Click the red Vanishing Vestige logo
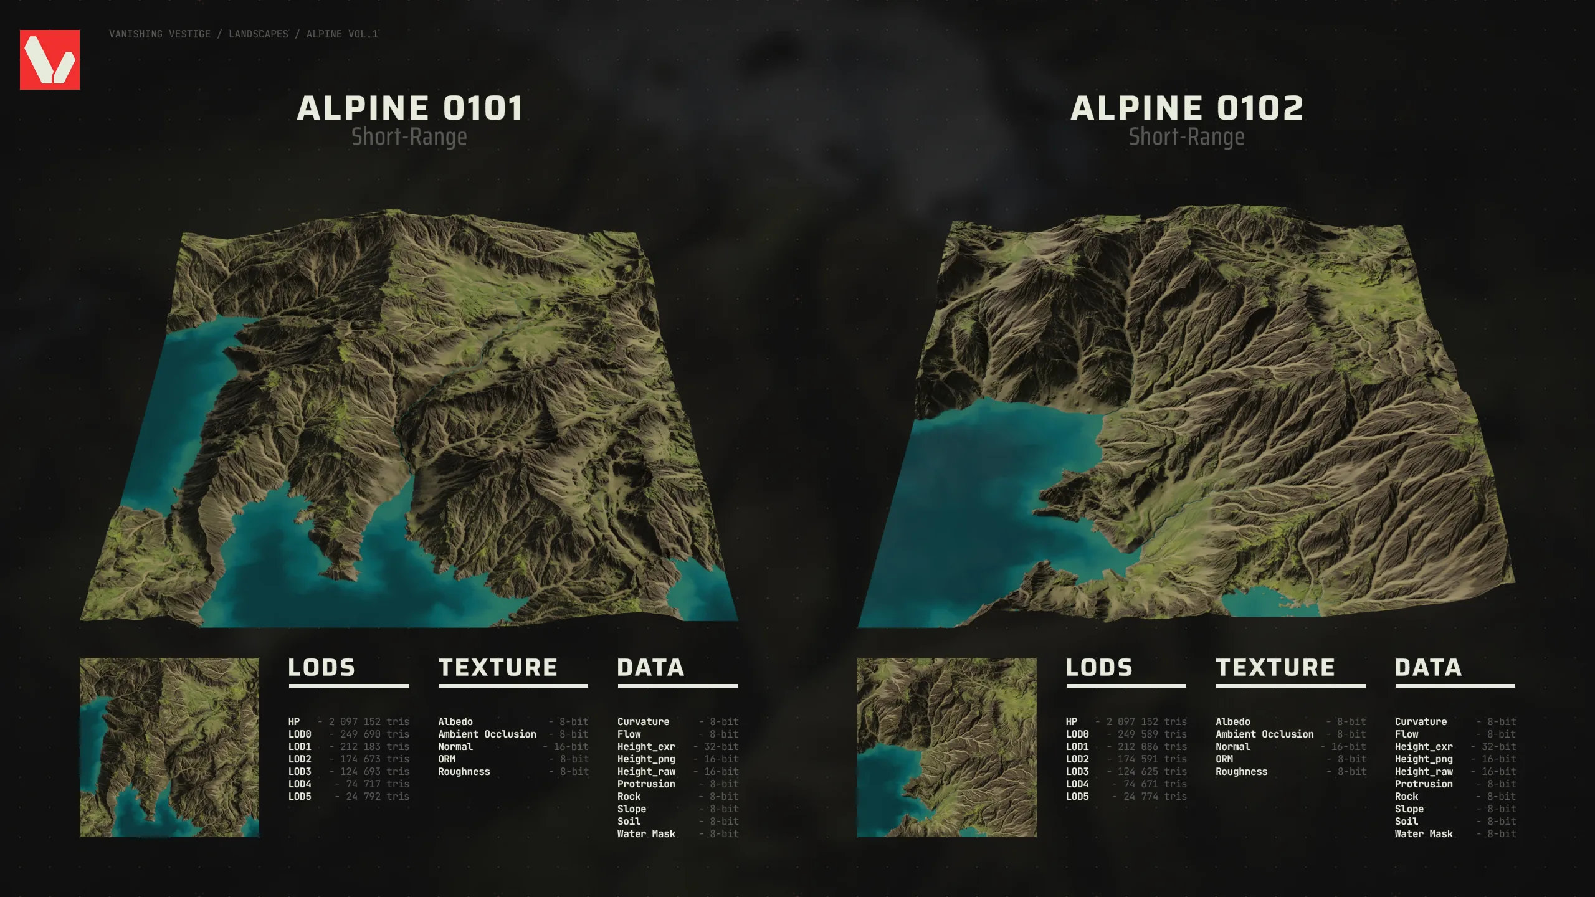pos(50,60)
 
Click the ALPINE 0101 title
pos(409,108)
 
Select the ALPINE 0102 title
pos(1186,108)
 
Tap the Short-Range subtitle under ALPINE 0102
pos(1186,137)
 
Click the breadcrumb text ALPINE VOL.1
pos(342,34)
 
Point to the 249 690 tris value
pos(374,734)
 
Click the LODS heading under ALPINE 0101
pos(321,668)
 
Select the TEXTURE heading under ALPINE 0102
pos(1275,668)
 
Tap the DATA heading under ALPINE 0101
pos(650,668)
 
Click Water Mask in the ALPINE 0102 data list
pos(1424,834)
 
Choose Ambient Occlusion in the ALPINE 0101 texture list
pos(487,734)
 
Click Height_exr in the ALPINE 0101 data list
pos(646,747)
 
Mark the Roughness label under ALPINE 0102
pos(1241,772)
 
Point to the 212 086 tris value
pos(1152,747)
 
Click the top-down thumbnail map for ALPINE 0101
pos(169,747)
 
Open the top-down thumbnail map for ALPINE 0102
pos(947,747)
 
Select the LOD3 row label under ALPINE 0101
pos(300,772)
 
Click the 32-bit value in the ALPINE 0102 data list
pos(1498,747)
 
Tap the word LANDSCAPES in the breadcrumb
pos(259,34)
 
